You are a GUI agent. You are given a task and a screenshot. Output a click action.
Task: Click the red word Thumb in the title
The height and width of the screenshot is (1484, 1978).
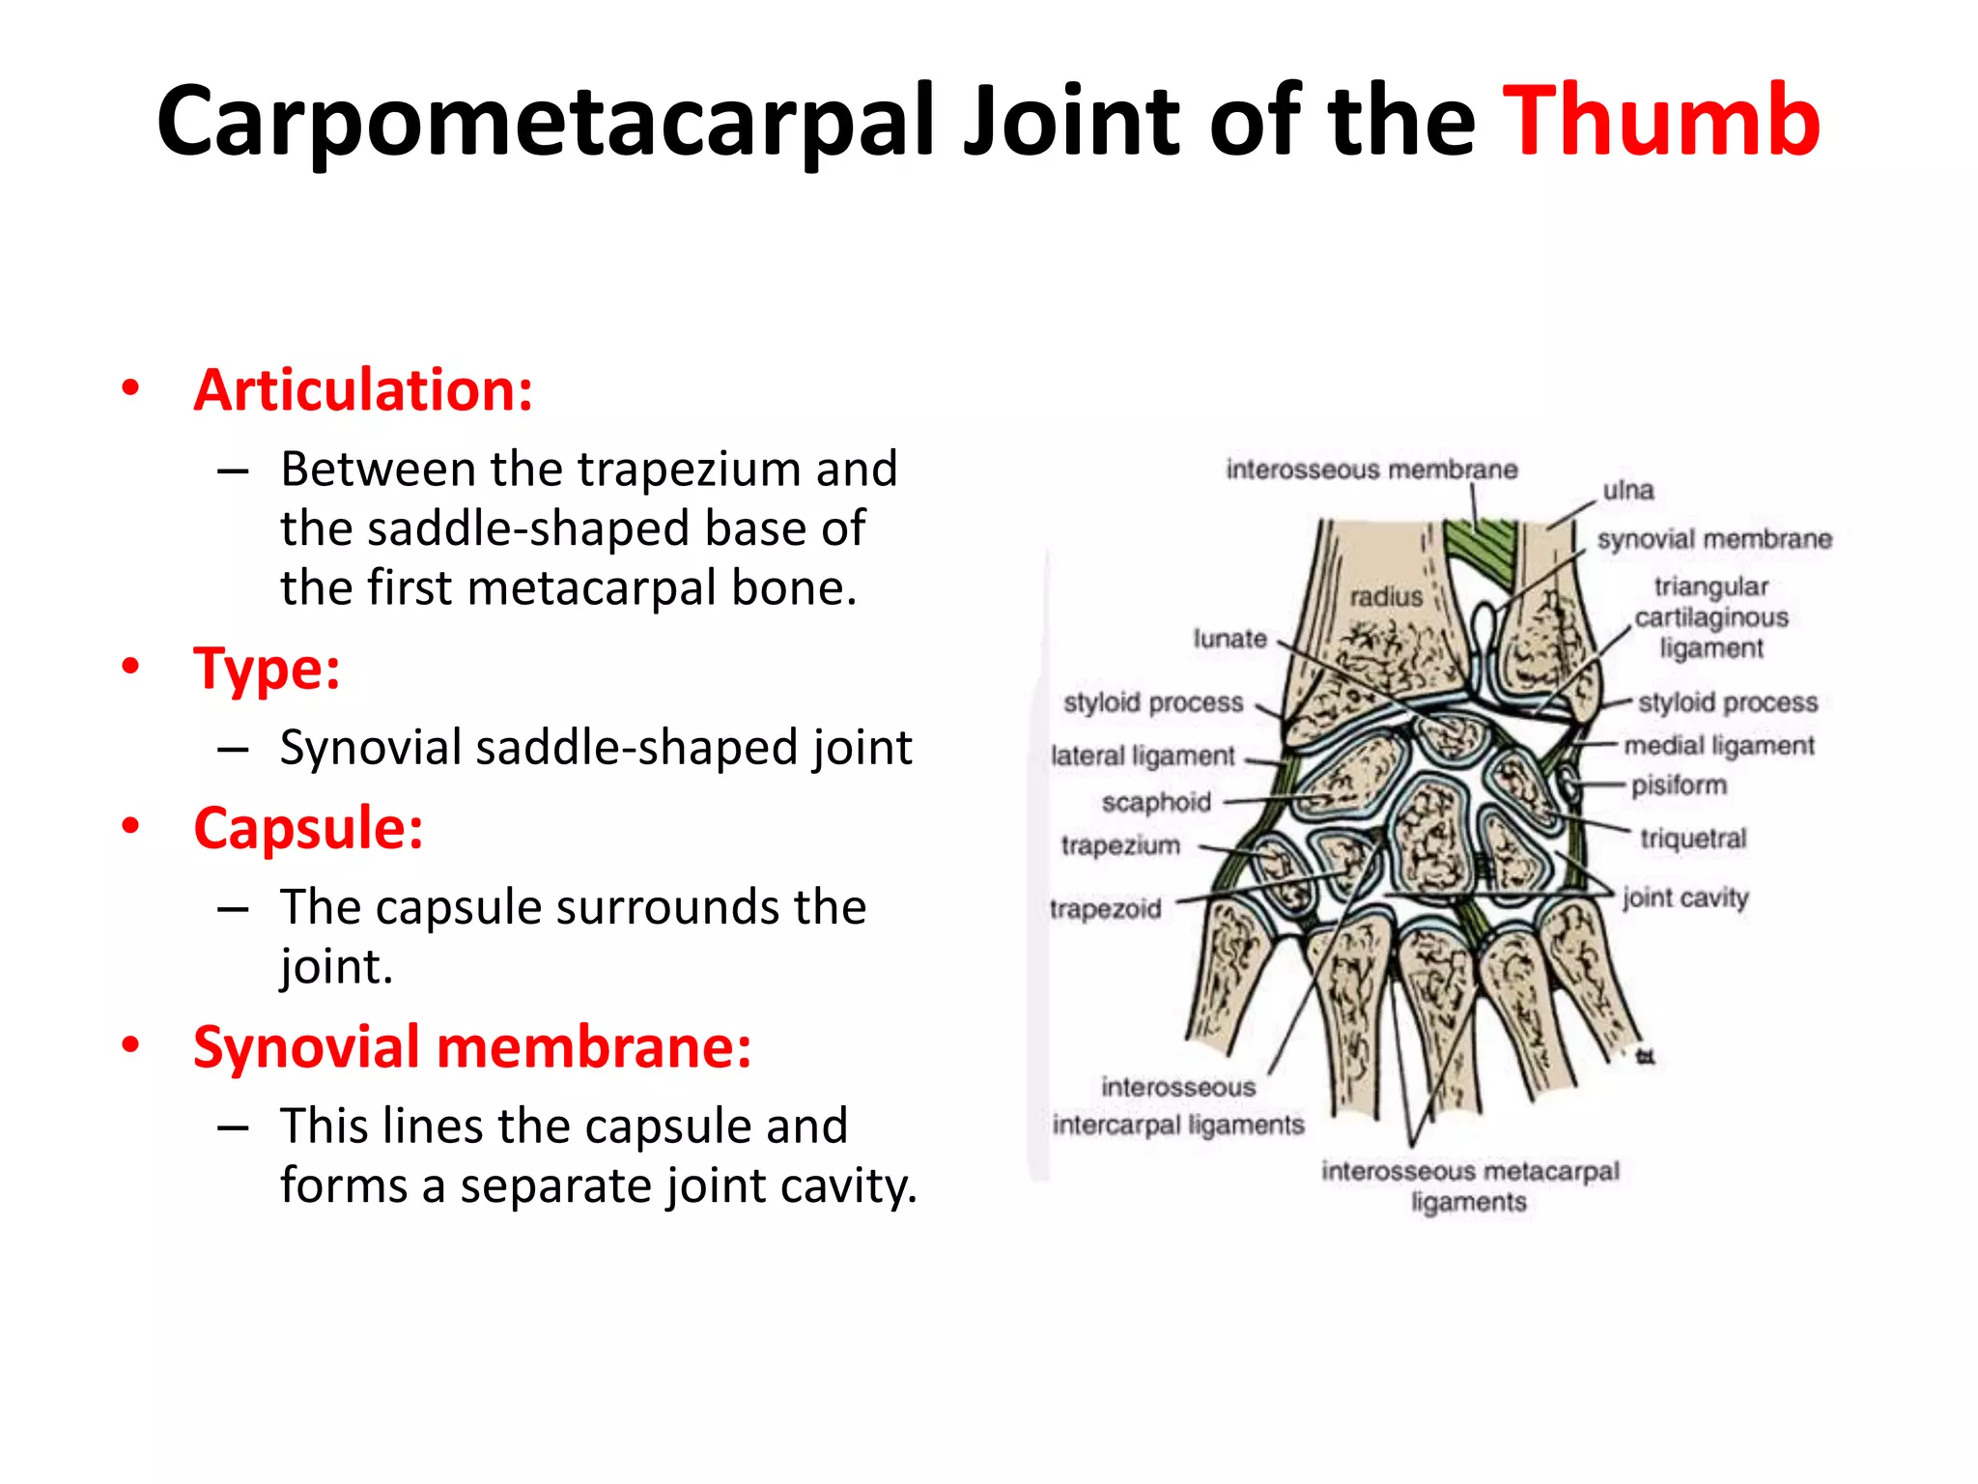pos(1661,121)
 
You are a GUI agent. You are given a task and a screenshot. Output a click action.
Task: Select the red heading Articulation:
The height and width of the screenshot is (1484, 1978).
pos(363,390)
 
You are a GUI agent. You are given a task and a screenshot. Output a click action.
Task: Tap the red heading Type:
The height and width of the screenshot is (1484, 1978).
pos(267,669)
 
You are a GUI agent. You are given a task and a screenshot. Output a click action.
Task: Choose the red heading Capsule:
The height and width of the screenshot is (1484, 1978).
pos(308,829)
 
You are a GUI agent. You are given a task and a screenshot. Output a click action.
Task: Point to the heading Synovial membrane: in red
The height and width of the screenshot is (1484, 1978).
pos(472,1048)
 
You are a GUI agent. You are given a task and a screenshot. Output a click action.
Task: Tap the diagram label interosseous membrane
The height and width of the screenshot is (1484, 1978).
pos(1371,471)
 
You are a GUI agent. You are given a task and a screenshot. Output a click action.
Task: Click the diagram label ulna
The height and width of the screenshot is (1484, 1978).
pos(1628,491)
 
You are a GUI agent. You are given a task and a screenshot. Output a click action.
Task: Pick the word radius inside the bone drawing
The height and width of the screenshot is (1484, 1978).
pos(1386,597)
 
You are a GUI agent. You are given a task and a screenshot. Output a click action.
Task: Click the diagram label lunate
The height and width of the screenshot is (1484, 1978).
pos(1229,639)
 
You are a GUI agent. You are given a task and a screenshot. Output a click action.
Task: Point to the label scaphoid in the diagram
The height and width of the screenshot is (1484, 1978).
pos(1156,802)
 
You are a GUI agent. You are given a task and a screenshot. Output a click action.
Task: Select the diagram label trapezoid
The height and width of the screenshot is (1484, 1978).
pos(1105,909)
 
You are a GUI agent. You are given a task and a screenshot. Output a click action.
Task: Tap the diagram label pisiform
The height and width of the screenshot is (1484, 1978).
pos(1679,785)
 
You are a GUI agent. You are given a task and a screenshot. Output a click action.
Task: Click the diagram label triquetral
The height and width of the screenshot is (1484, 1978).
pos(1693,839)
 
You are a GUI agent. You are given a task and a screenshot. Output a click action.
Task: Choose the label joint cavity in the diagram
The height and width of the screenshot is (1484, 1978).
pos(1685,898)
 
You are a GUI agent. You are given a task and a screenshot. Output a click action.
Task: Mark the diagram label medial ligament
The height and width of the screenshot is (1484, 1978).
pos(1719,746)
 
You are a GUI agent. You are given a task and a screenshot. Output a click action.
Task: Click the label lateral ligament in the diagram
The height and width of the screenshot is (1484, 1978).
pos(1143,756)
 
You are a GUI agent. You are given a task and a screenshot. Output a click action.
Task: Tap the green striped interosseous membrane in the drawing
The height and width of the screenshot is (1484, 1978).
pos(1483,551)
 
